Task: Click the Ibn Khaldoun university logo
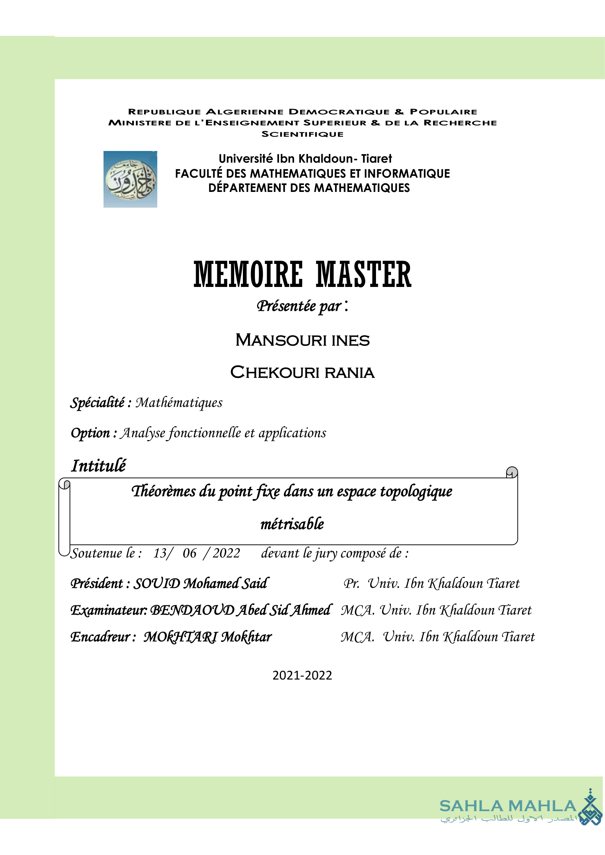coord(130,179)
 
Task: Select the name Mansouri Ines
coord(302,340)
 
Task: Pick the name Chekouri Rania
coord(302,372)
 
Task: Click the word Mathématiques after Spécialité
coord(179,403)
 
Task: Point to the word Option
coord(90,433)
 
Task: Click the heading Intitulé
coord(98,466)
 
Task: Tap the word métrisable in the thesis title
coord(292,524)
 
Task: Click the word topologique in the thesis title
coord(416,492)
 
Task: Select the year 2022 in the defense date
coord(226,553)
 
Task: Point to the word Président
coord(97,583)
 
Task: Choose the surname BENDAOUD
coord(192,610)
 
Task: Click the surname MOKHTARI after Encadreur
coord(180,637)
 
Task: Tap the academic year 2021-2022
coord(302,675)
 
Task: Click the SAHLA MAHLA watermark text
coord(508,806)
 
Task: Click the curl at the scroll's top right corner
coord(512,472)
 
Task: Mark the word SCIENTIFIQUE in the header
coord(302,134)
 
